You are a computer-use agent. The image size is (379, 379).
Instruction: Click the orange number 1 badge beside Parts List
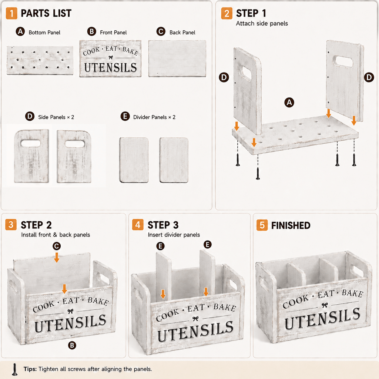point(11,13)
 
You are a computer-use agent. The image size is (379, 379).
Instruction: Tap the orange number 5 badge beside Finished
point(262,225)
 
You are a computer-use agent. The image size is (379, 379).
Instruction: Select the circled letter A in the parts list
point(20,32)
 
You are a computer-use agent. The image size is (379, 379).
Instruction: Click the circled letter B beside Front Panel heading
point(92,32)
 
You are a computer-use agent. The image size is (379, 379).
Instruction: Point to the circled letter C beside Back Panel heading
point(161,32)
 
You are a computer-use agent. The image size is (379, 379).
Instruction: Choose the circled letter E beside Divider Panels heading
point(125,116)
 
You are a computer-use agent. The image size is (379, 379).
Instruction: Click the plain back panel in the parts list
point(177,58)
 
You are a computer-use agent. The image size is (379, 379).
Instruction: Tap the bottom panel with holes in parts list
point(40,60)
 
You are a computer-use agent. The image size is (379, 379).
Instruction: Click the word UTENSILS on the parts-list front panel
point(110,67)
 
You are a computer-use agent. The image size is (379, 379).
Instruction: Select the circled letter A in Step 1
point(289,103)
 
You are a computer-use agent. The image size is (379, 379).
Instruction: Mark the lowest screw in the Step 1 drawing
point(258,174)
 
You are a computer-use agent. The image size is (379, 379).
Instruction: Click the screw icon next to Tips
point(15,369)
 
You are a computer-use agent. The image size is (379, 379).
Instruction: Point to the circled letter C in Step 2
point(57,246)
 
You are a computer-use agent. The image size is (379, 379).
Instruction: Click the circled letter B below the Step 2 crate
point(72,345)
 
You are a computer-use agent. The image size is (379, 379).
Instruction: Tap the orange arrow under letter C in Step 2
point(57,258)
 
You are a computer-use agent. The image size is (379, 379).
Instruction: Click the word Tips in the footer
point(30,369)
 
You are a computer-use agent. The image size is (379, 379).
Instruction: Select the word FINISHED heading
point(291,225)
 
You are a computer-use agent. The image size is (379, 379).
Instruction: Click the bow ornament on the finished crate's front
point(325,305)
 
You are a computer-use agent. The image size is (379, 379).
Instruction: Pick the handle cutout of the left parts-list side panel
point(31,143)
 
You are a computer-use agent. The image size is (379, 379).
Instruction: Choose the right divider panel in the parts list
point(174,160)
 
